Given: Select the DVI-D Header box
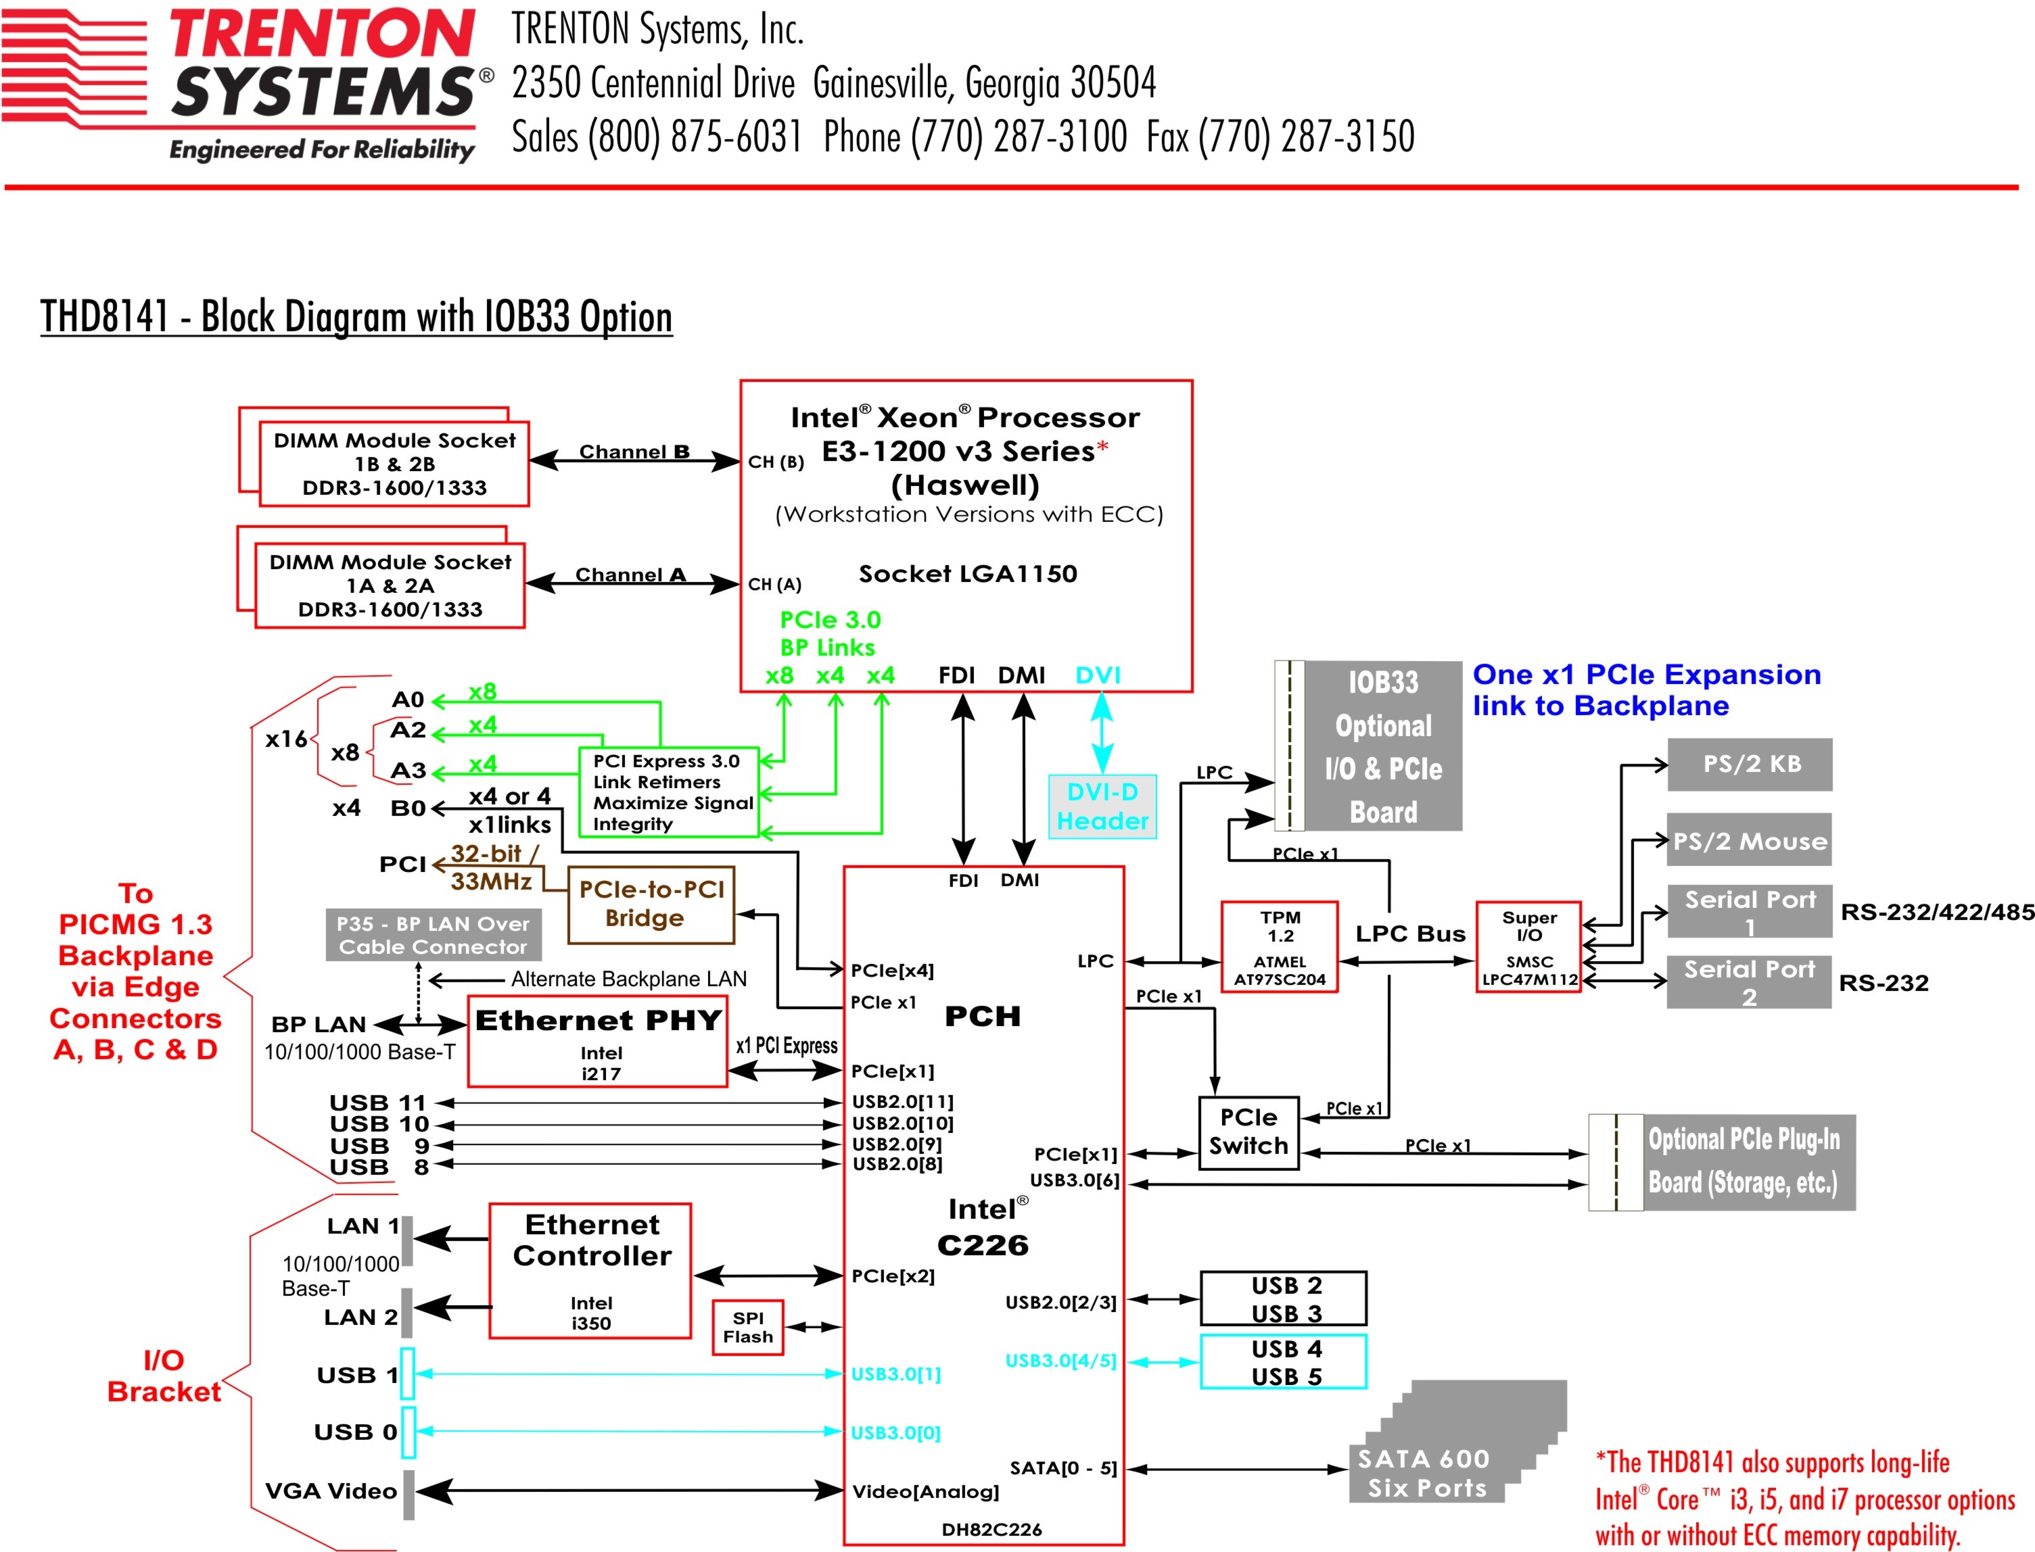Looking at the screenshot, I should tap(1102, 806).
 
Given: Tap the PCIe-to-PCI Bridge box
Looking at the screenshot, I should tap(651, 904).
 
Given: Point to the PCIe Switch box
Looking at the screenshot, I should tap(1248, 1133).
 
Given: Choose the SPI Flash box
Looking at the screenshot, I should tap(747, 1328).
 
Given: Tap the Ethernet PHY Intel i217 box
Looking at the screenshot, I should tap(598, 1041).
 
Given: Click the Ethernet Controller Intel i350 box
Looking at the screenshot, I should tap(590, 1270).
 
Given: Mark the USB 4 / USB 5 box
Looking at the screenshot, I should tap(1284, 1361).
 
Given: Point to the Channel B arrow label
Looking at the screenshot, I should tap(634, 452).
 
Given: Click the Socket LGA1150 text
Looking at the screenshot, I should tap(968, 574).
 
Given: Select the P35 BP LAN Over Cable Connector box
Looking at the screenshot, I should tap(433, 935).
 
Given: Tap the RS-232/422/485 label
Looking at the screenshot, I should tap(1937, 912).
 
